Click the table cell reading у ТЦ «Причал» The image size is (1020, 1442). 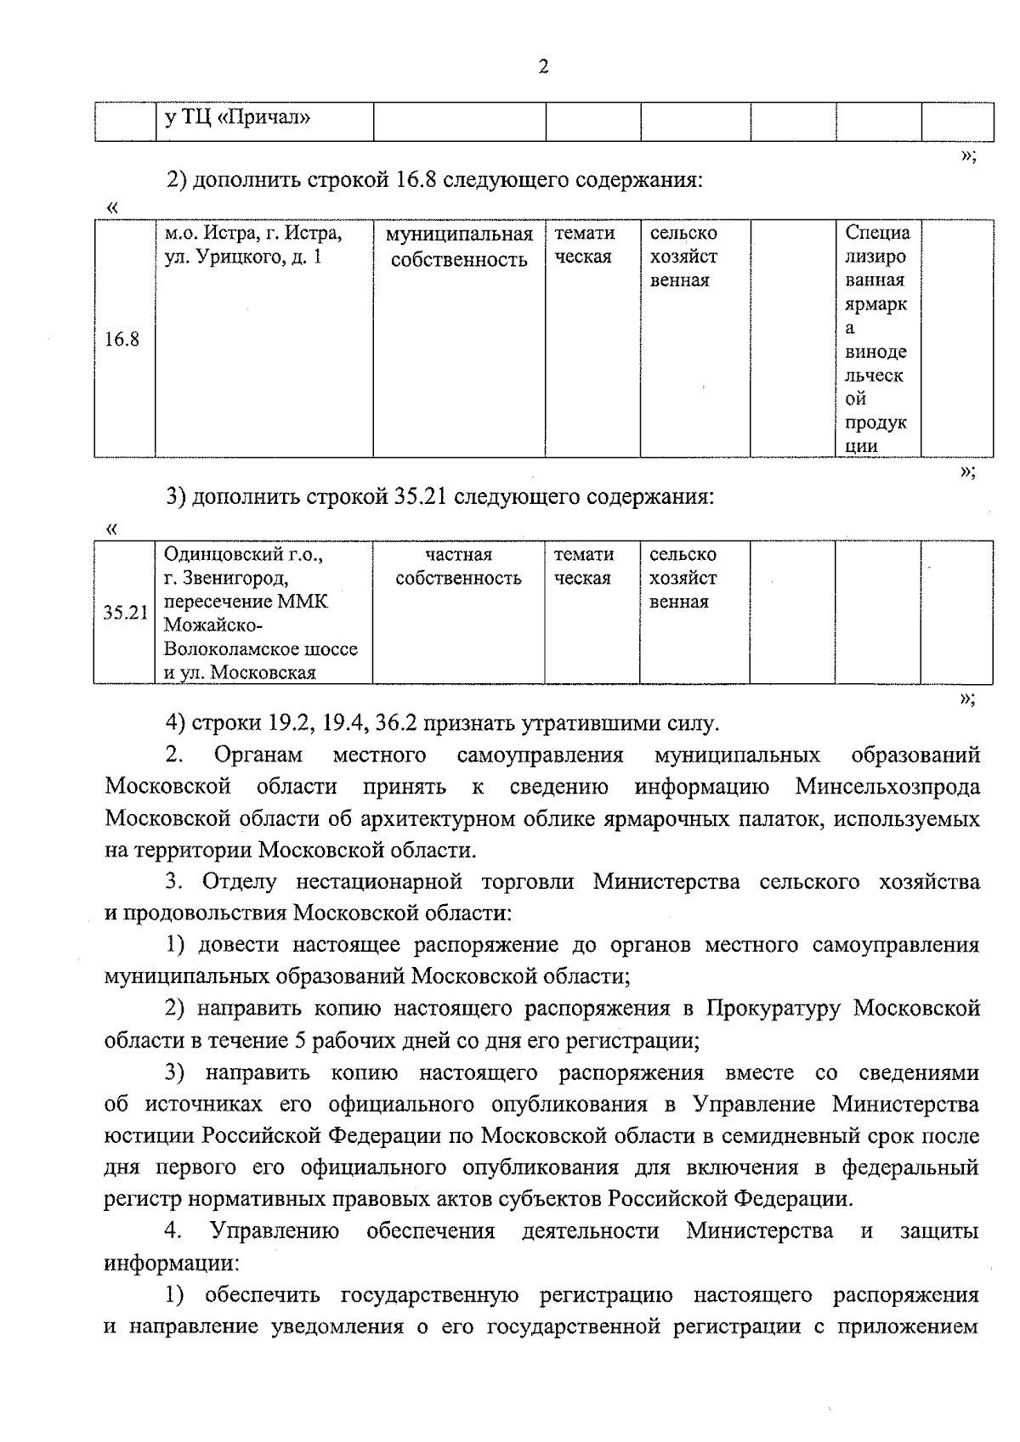237,117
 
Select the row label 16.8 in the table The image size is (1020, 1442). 122,340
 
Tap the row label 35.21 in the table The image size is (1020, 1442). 125,613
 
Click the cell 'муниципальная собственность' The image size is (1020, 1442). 459,246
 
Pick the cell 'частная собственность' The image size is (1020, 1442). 458,567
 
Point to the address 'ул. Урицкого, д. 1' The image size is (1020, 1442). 242,257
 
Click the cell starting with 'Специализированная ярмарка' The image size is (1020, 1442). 876,338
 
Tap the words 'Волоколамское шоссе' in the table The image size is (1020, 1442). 260,649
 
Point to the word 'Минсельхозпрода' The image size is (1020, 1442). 887,787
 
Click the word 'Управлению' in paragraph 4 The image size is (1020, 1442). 275,1231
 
